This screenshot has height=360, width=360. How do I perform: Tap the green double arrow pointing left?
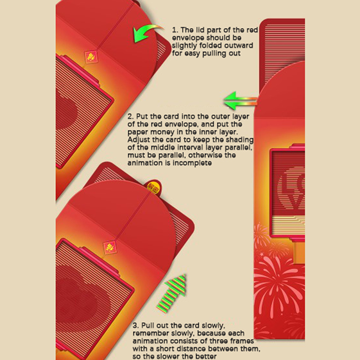(x=240, y=101)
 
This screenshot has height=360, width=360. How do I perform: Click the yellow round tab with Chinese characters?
(x=153, y=186)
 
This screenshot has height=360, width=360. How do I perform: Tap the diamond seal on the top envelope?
(x=91, y=57)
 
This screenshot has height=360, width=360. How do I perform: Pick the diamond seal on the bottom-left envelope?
(x=110, y=247)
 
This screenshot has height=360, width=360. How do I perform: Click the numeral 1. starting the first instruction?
(x=175, y=30)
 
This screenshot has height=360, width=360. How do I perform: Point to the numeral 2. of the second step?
(x=130, y=117)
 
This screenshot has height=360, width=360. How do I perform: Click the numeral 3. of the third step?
(x=136, y=325)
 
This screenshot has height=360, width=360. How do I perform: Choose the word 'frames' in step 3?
(x=242, y=341)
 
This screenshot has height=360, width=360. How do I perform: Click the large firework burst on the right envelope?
(x=279, y=283)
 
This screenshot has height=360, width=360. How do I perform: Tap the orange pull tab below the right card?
(x=299, y=252)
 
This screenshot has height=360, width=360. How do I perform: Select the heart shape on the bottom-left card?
(x=76, y=296)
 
